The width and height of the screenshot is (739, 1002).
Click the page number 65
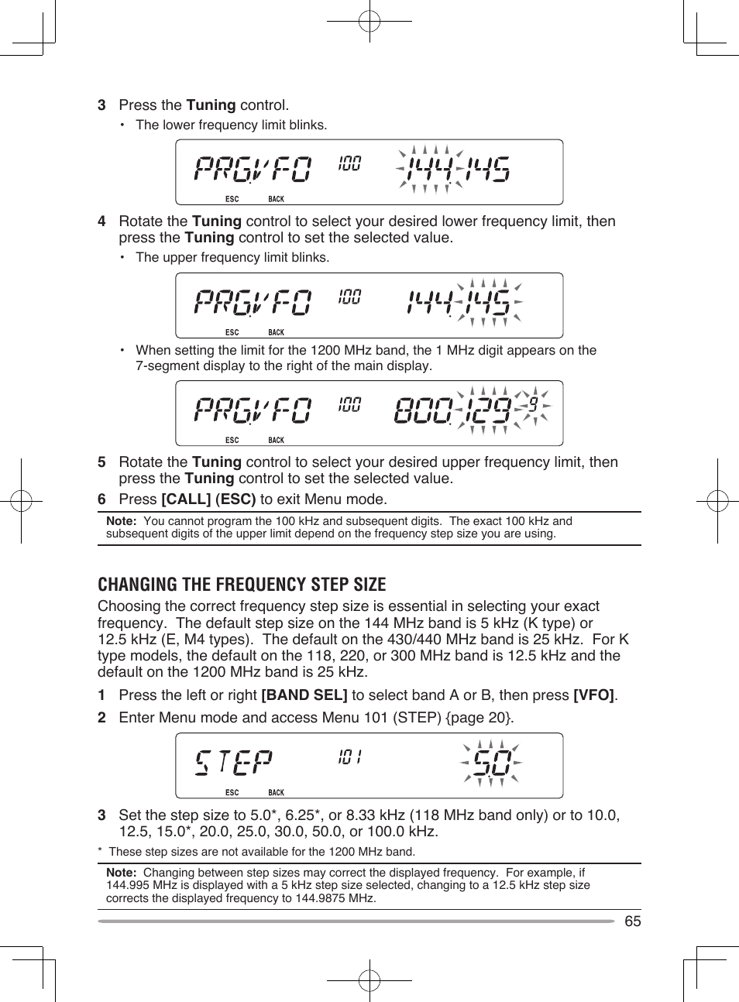tap(632, 921)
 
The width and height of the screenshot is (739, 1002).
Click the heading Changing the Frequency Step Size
tap(242, 585)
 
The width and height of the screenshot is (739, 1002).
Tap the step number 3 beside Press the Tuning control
tap(101, 105)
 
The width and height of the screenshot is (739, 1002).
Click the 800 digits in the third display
tap(423, 410)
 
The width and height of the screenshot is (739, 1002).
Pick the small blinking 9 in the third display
tap(533, 404)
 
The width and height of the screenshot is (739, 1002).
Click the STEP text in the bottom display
tap(233, 762)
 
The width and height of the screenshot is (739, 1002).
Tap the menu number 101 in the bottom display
tap(349, 757)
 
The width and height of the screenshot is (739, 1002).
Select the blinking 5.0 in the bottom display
tap(491, 764)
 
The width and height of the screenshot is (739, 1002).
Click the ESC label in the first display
tap(232, 199)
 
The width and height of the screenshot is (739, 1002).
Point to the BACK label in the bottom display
tap(276, 792)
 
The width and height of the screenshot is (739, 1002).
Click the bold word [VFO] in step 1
tap(593, 695)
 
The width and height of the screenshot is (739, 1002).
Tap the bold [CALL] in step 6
tap(186, 499)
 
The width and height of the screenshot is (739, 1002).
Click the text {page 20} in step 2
tap(478, 718)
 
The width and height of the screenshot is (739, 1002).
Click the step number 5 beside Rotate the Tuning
tap(101, 462)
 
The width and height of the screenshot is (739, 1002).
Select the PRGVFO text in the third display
tap(253, 410)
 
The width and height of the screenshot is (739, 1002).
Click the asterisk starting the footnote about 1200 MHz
tap(100, 852)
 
